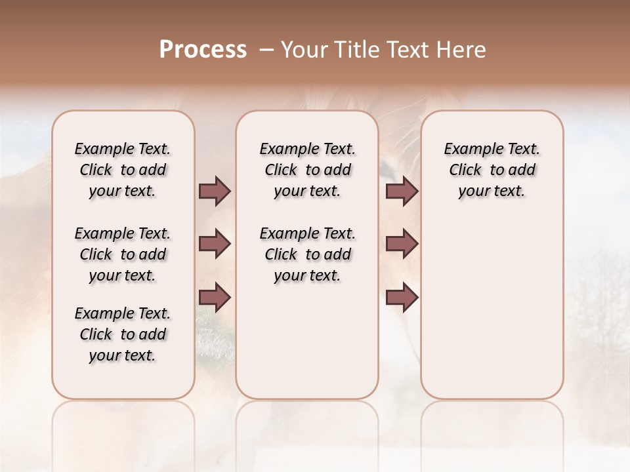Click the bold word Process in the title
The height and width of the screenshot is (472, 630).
(x=203, y=49)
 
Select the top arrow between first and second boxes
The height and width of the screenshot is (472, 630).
(x=215, y=191)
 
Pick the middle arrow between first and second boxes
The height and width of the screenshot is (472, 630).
(x=215, y=244)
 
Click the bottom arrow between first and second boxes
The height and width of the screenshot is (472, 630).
(x=215, y=298)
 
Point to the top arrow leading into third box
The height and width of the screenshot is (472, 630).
(x=402, y=191)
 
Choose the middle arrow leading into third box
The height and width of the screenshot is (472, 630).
(x=402, y=244)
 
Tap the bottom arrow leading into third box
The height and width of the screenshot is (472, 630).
(x=402, y=298)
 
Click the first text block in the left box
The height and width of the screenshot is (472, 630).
(x=123, y=170)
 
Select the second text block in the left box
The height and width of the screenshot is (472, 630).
(x=123, y=254)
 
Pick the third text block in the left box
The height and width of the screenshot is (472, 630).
(x=123, y=334)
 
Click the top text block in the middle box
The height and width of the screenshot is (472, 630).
(x=308, y=170)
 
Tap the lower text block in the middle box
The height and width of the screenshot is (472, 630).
(x=308, y=254)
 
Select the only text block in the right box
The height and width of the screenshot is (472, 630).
(x=492, y=170)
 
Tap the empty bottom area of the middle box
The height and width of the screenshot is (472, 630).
(x=307, y=347)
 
